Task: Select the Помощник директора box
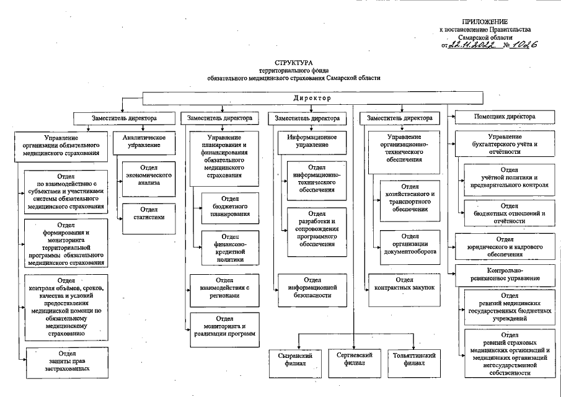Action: tap(504, 117)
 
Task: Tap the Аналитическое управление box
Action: tap(140, 141)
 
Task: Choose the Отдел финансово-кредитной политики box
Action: tap(226, 248)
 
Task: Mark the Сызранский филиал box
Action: tap(294, 360)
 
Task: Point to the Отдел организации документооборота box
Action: tap(410, 244)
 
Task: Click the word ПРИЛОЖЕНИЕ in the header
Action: tap(493, 21)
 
